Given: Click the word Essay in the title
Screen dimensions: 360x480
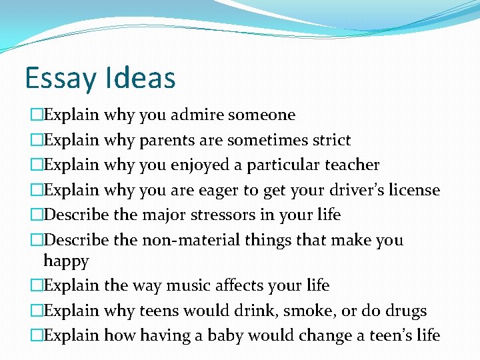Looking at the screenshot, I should point(60,77).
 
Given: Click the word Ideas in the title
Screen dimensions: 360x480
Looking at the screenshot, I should point(139,77).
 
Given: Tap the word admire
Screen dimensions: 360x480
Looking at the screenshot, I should point(197,115).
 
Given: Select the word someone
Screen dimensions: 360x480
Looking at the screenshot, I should point(261,115).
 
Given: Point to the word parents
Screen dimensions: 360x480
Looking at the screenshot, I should point(163,140).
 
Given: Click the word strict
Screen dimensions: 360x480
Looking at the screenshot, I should point(329,140).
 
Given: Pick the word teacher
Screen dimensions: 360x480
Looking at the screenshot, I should point(351,165).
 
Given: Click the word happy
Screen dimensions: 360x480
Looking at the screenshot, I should point(66,261).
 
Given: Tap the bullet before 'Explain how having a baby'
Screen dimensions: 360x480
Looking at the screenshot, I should point(36,335).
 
